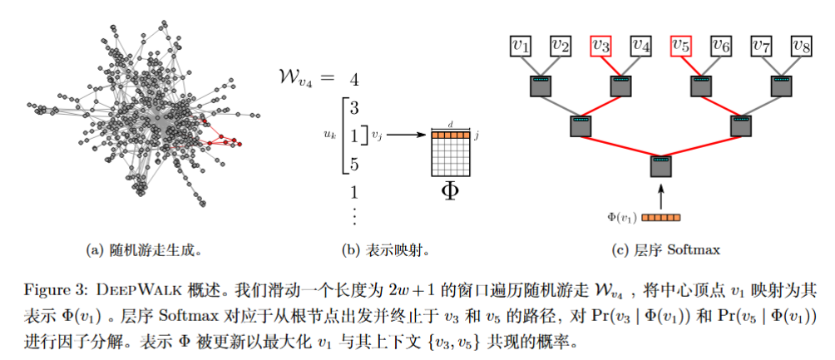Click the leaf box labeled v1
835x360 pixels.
click(x=521, y=46)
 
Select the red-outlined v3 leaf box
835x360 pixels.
click(x=602, y=46)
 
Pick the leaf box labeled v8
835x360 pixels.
click(x=801, y=46)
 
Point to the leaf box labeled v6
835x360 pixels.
click(x=720, y=46)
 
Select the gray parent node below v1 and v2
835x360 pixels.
click(x=541, y=85)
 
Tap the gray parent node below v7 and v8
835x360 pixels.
click(x=781, y=85)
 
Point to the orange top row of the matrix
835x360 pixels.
click(x=449, y=135)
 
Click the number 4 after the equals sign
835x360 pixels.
click(x=354, y=81)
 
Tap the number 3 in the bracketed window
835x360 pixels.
click(x=354, y=107)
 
